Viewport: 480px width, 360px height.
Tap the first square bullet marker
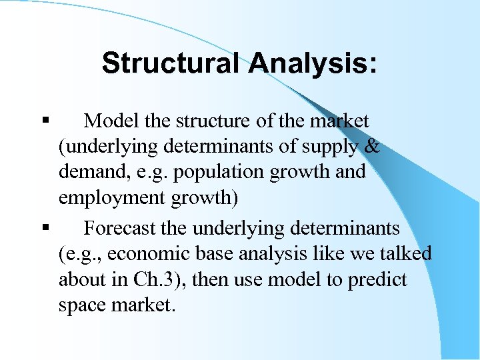coord(45,121)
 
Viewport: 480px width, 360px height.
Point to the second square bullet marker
coord(45,229)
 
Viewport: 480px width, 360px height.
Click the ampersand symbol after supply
coord(372,147)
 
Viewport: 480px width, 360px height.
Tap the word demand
coord(89,172)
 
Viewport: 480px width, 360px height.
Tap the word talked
coord(403,254)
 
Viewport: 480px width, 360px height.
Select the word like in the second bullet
coord(329,254)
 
